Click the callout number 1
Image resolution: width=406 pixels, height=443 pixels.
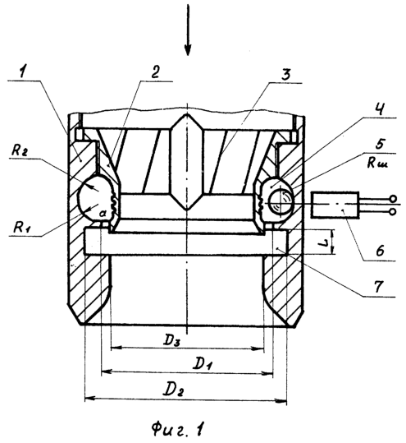point(23,72)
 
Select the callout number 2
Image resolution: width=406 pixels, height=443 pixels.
point(155,73)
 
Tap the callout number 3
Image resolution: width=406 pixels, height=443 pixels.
point(285,75)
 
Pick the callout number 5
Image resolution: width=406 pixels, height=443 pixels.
point(380,144)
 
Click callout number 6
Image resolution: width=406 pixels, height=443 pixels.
point(381,251)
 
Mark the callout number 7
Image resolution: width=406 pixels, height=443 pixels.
point(378,287)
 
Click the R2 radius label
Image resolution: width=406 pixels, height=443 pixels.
point(20,151)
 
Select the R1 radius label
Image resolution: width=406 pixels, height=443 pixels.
point(22,228)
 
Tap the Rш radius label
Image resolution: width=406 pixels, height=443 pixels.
point(378,163)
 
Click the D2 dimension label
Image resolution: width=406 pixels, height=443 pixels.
point(175,390)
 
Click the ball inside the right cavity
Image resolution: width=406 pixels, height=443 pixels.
point(281,202)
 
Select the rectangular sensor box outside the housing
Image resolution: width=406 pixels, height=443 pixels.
point(335,205)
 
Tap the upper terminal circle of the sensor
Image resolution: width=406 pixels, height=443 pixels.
point(392,199)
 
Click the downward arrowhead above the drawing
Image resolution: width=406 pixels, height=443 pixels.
point(188,49)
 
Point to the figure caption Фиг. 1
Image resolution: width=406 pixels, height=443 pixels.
point(178,429)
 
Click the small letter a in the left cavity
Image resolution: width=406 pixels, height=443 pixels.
point(103,215)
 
